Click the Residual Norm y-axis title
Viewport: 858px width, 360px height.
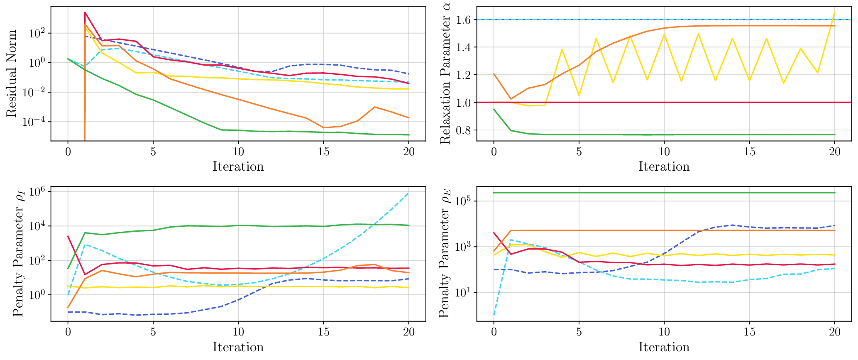point(12,73)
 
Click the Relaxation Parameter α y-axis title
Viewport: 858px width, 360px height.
point(445,73)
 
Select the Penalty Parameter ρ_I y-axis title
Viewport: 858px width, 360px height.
point(18,254)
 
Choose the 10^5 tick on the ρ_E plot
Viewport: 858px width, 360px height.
point(464,201)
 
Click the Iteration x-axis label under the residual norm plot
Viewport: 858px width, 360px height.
point(238,167)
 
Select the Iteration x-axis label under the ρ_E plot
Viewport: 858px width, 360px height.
point(664,347)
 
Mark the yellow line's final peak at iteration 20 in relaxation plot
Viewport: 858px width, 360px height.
point(834,12)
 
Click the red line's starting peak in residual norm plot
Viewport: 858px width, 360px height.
point(85,12)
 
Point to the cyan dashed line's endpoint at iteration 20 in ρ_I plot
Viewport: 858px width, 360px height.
point(409,193)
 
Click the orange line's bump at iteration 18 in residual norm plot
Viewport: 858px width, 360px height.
point(375,107)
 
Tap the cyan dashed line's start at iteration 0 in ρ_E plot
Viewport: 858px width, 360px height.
point(494,315)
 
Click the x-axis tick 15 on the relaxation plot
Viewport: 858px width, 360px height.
point(749,152)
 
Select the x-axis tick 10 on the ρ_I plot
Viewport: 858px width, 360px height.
point(238,332)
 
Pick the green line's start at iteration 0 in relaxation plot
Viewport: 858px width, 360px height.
point(494,109)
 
